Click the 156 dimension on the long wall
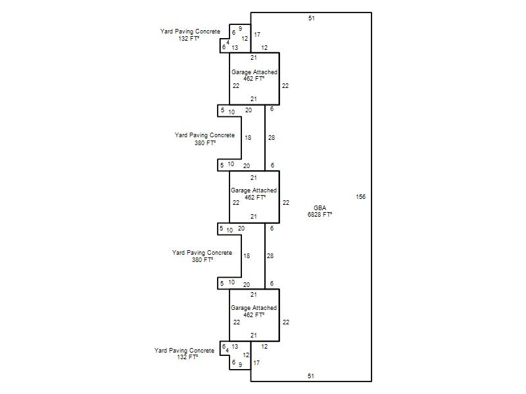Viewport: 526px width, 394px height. point(360,197)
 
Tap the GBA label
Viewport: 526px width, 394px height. point(320,208)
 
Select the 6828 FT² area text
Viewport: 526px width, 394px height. point(320,215)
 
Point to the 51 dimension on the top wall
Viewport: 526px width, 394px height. point(312,18)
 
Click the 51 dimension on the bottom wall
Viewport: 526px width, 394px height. point(312,376)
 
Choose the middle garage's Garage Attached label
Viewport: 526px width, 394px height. point(254,190)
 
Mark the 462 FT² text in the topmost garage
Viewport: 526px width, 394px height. point(254,79)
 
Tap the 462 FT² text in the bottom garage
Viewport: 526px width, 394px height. point(254,315)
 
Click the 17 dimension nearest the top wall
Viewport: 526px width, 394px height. point(257,34)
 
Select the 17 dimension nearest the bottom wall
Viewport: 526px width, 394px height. point(257,362)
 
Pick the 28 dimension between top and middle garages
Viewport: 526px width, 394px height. point(272,138)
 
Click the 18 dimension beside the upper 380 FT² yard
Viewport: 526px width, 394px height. point(248,138)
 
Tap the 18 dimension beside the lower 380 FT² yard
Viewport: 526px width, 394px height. point(247,255)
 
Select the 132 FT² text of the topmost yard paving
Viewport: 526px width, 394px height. point(189,39)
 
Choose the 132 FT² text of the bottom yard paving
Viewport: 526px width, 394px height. point(187,358)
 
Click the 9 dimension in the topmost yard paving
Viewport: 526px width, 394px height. point(240,29)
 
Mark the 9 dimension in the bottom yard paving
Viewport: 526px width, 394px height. point(240,364)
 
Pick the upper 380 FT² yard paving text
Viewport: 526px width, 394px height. point(205,143)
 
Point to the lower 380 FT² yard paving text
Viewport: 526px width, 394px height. point(203,260)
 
